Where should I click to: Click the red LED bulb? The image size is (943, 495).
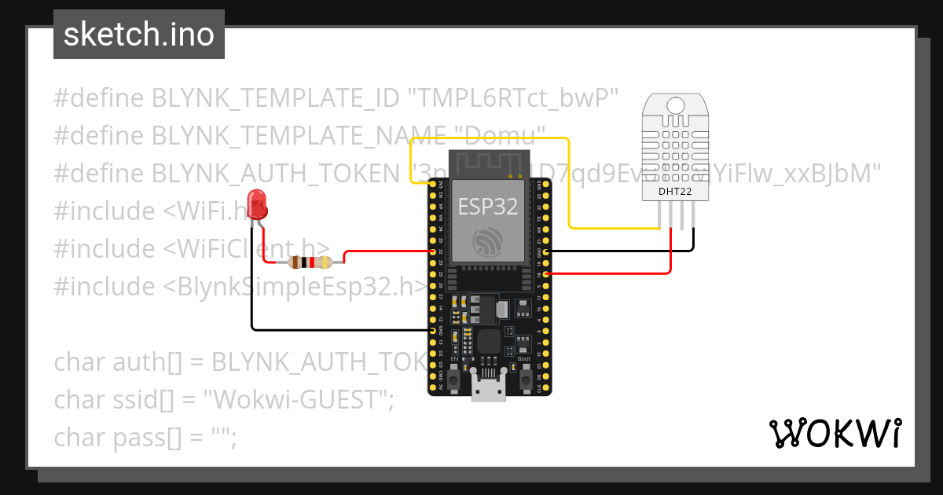tap(256, 205)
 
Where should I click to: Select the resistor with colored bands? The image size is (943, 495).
tap(310, 262)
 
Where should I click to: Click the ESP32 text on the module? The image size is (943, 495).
tap(488, 207)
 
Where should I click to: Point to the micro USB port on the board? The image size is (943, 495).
tap(488, 391)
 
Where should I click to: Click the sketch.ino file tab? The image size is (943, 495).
tap(139, 35)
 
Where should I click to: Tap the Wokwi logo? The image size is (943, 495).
tap(835, 434)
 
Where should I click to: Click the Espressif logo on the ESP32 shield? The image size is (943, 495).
tap(488, 242)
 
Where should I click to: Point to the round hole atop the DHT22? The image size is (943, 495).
tap(675, 104)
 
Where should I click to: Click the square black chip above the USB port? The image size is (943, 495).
tap(488, 343)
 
